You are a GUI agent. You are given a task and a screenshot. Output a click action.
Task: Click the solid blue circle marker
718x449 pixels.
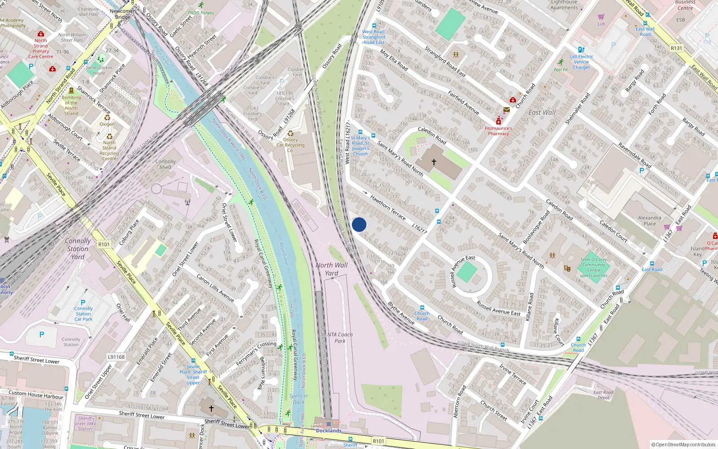359,224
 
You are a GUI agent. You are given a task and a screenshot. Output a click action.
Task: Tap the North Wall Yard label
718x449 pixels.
332,269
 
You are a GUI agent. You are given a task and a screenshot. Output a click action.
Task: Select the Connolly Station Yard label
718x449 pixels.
78,249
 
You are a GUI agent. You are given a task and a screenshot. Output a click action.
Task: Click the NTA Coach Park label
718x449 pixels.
340,338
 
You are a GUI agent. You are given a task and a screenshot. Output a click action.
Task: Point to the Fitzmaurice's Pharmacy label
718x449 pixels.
498,131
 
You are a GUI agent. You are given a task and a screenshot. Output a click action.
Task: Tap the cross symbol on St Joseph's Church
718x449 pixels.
434,162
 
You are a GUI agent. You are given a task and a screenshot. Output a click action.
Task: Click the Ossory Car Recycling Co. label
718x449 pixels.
290,145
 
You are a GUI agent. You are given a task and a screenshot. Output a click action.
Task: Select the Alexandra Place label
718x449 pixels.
649,220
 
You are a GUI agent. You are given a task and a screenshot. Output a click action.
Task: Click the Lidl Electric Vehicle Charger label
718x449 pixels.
581,62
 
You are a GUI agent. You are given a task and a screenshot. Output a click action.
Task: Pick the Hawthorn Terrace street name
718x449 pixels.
388,207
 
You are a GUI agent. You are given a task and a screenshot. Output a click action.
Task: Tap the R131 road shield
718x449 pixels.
676,48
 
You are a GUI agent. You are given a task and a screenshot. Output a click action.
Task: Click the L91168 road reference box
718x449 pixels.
116,357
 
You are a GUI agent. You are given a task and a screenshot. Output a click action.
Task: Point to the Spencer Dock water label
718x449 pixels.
298,399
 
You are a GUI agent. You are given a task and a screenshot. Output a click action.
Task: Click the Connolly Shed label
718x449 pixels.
166,164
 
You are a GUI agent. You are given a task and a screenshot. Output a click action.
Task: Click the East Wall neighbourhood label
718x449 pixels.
542,113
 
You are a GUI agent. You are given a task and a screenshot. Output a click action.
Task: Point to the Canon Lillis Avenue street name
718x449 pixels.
215,288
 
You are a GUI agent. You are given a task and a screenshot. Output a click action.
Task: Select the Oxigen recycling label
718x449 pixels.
107,124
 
